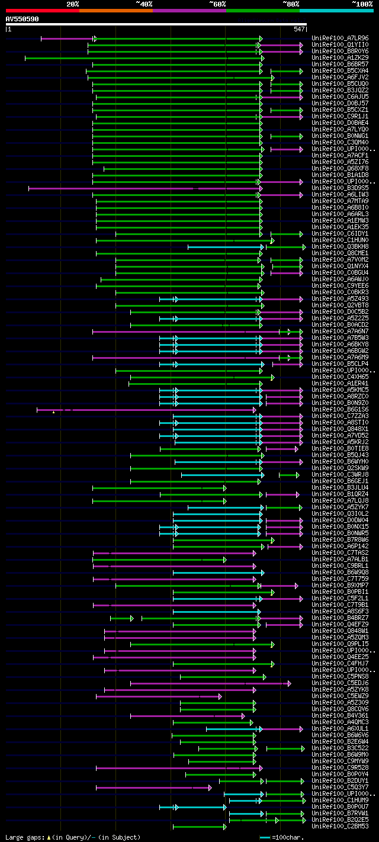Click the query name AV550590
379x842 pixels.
[x=22, y=19]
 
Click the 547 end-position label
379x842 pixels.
[x=299, y=29]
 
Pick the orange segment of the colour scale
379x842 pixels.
[x=115, y=10]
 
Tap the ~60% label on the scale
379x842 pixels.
[x=217, y=4]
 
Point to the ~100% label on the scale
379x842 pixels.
[x=362, y=4]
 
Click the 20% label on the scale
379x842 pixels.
[x=72, y=4]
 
